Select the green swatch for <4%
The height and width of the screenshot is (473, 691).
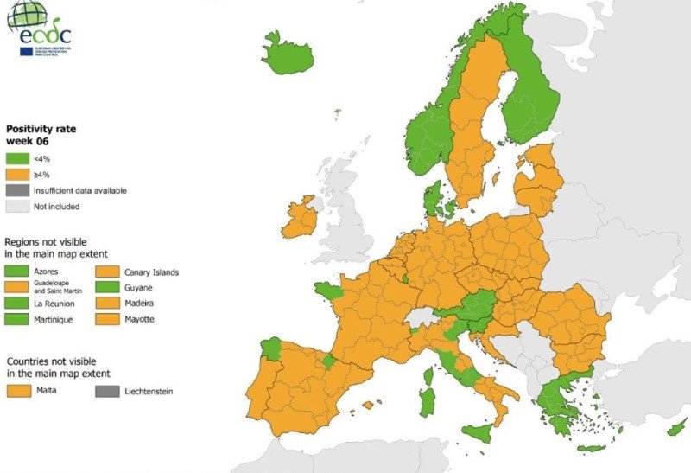point(18,158)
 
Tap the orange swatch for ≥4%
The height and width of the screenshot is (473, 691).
point(18,175)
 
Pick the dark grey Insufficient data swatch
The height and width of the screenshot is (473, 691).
point(18,190)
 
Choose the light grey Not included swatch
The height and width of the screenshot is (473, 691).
point(18,206)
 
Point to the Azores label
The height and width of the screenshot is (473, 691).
point(47,272)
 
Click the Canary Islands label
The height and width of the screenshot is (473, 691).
point(151,272)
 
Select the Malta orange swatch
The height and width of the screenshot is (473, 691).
point(18,391)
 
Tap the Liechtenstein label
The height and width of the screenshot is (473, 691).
point(149,391)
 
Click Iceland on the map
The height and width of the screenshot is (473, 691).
point(287,56)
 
